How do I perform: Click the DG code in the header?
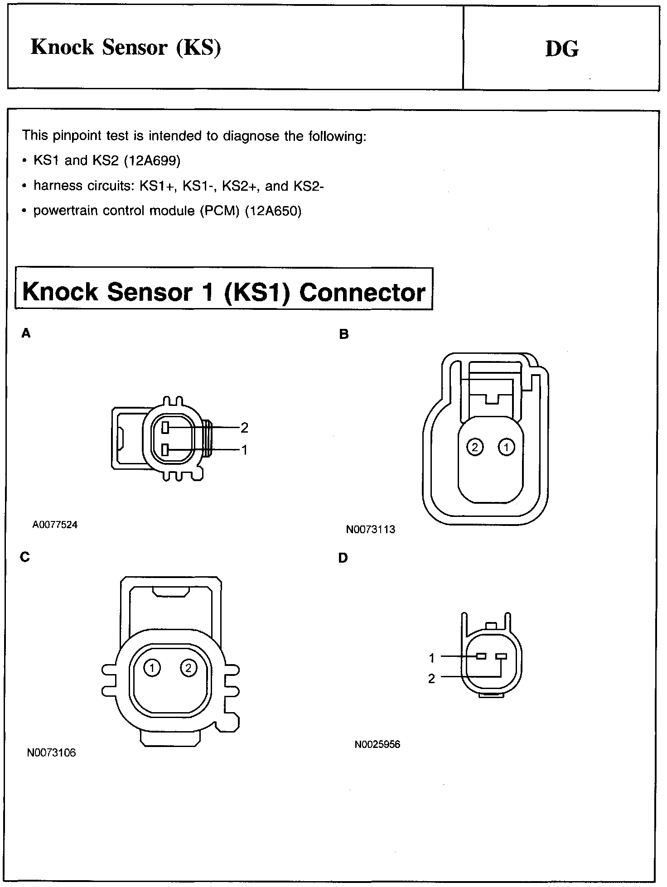tap(562, 49)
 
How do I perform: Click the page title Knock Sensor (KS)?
tap(126, 47)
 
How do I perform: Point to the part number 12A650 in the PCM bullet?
tap(273, 211)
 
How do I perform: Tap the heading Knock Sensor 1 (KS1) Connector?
tap(224, 291)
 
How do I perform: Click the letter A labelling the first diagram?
tap(26, 333)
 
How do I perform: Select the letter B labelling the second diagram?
tap(344, 334)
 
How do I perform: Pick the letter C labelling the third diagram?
tap(25, 557)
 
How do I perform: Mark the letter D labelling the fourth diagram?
tap(343, 558)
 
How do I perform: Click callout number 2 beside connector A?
tap(245, 427)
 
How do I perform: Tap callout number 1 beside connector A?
tap(245, 450)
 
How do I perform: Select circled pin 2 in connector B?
tap(475, 448)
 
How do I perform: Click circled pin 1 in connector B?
tap(506, 448)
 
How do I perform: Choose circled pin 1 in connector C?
tap(152, 667)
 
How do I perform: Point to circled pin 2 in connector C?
tap(188, 667)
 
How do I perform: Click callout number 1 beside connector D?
tap(432, 658)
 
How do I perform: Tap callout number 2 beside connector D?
tap(431, 679)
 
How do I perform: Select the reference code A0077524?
tap(55, 525)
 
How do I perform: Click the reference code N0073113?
tap(371, 529)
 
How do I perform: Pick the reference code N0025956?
tap(377, 745)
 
